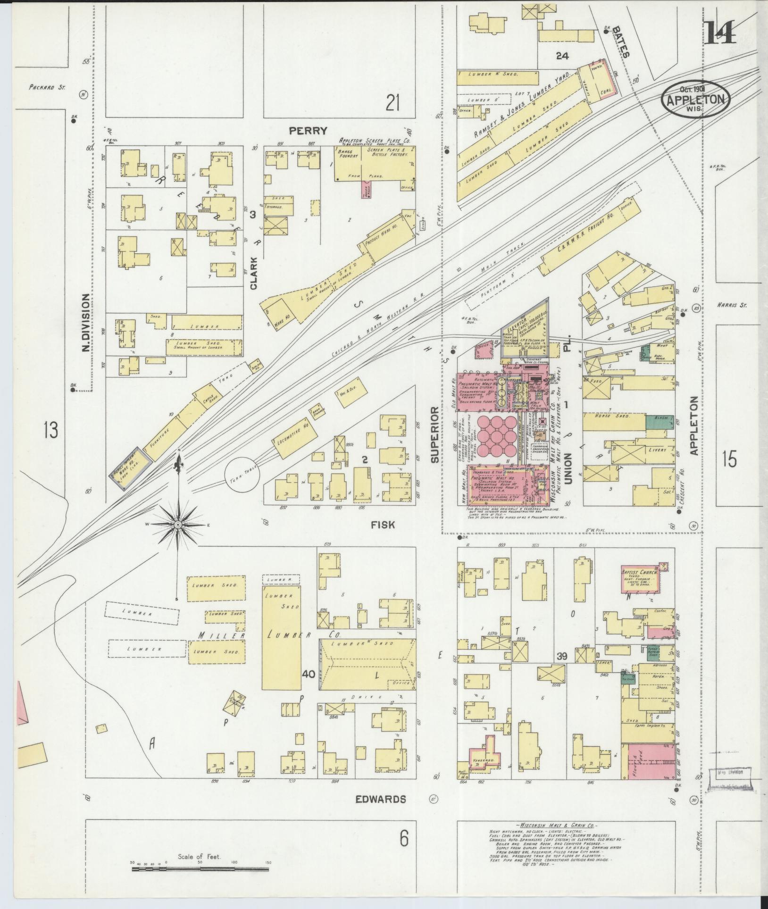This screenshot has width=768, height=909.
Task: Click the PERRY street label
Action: [309, 131]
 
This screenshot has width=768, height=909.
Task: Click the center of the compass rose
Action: [178, 525]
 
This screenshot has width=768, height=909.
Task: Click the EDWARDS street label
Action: [380, 799]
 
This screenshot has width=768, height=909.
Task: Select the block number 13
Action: [50, 430]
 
